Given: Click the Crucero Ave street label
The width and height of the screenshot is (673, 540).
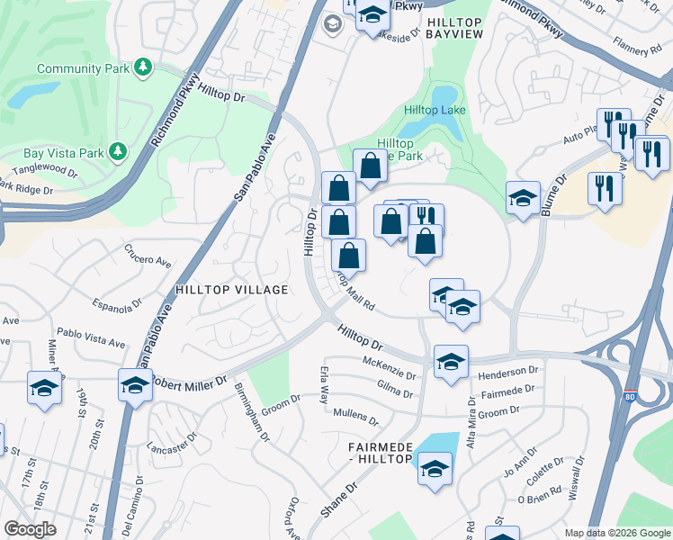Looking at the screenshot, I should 148,260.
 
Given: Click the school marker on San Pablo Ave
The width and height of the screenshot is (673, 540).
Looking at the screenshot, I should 135,384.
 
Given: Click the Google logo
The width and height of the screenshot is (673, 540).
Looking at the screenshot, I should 30,529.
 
